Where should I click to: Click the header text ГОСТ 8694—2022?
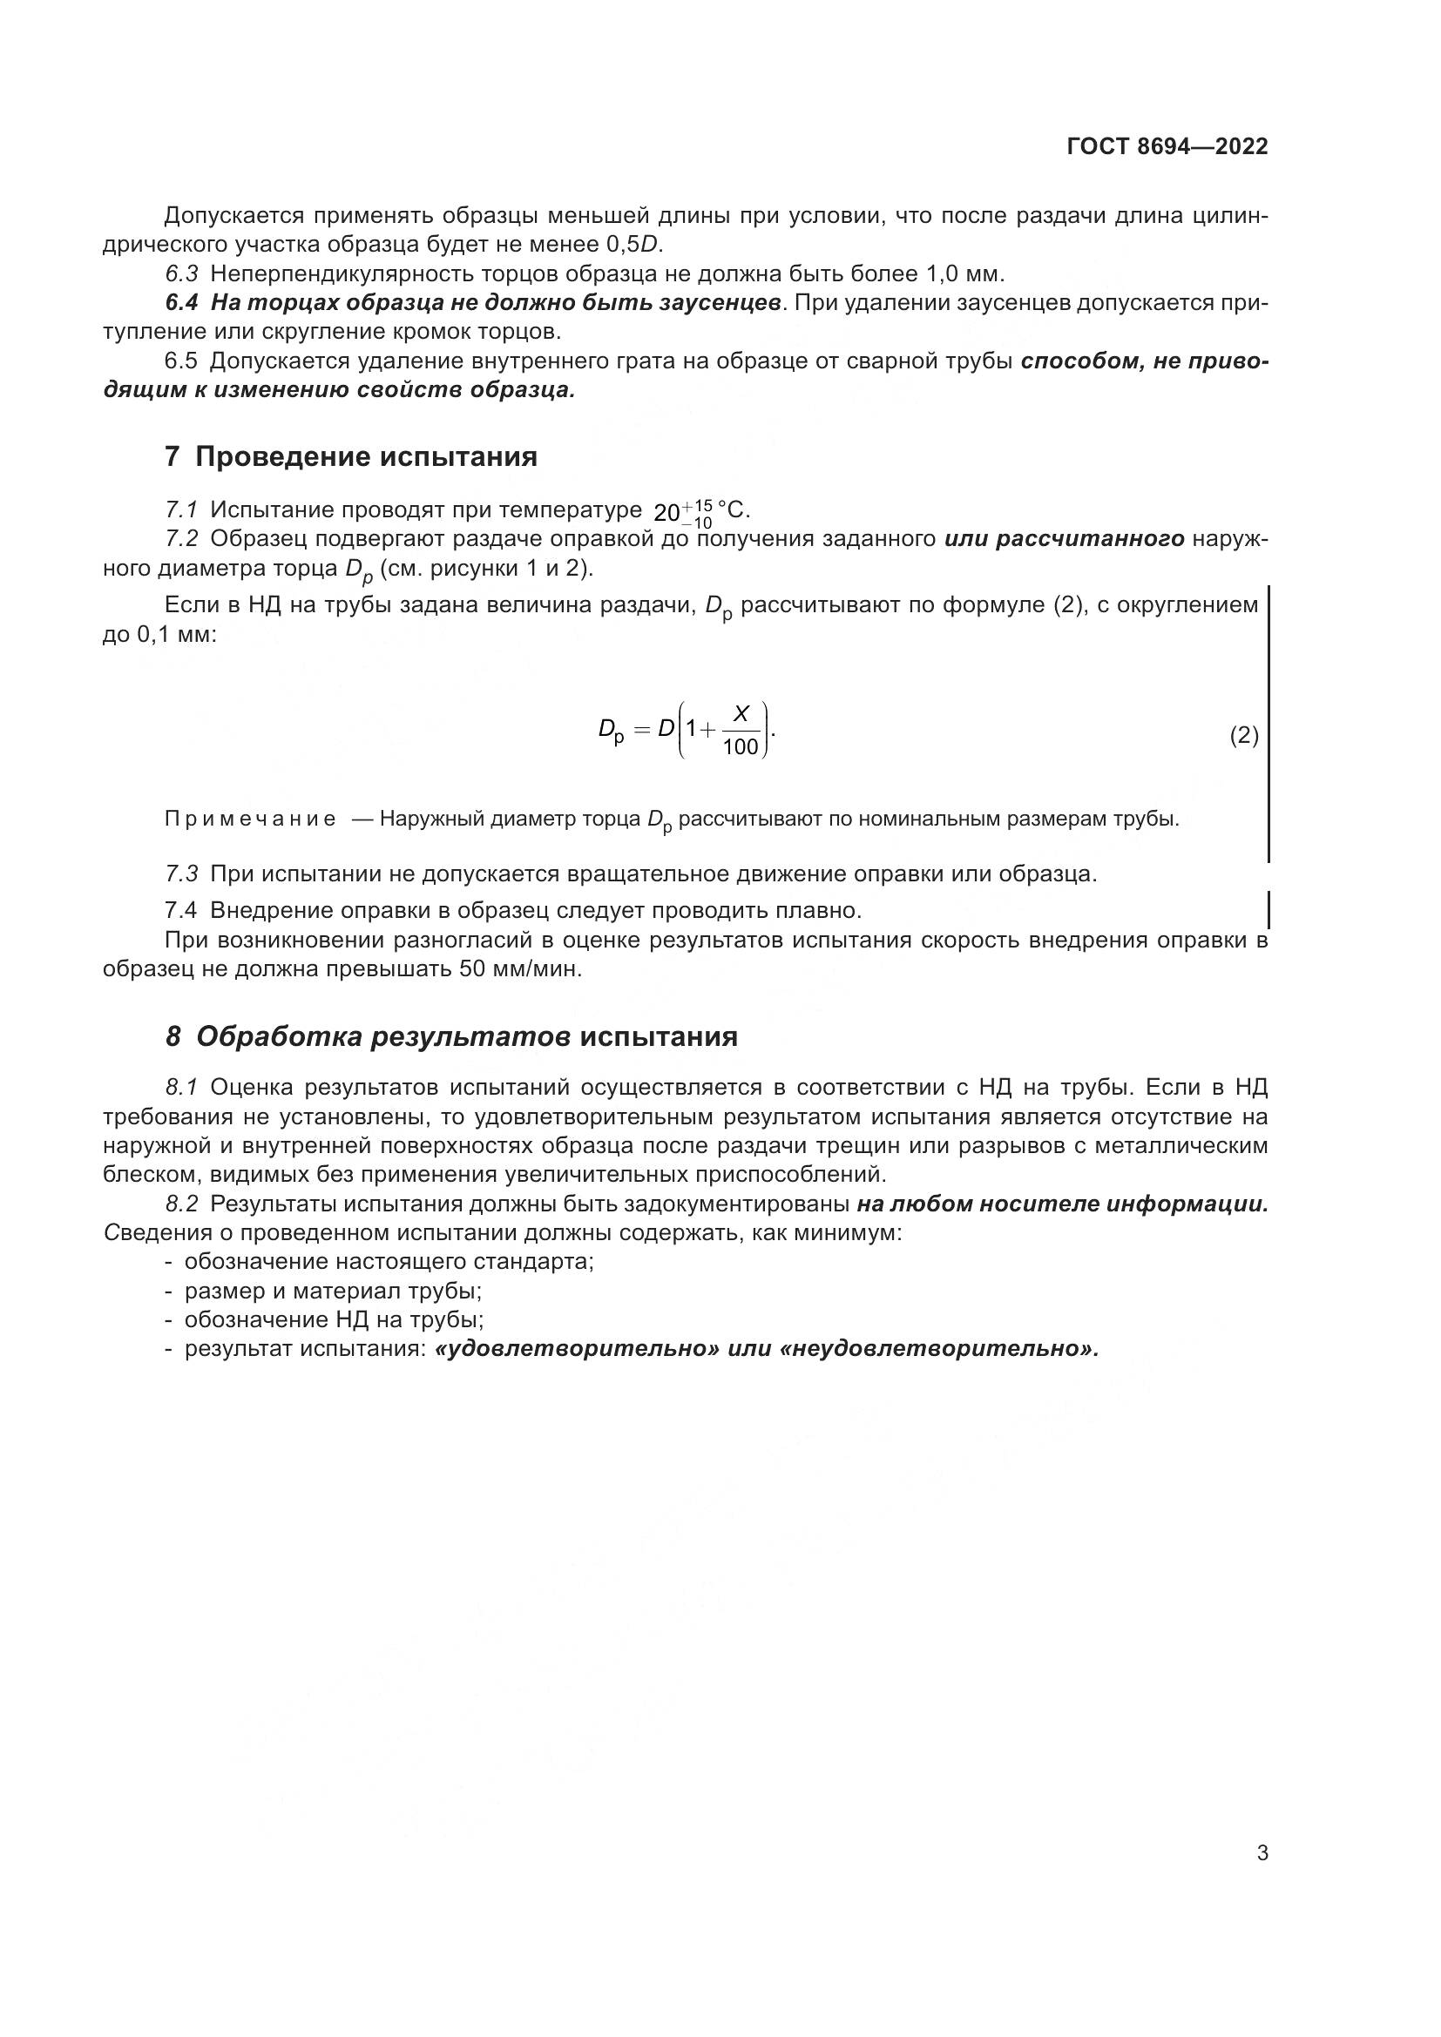coord(1167,147)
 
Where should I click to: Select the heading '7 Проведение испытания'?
coord(351,458)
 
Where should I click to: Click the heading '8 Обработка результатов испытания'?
coord(451,1036)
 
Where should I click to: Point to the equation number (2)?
coord(1244,736)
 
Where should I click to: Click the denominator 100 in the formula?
coord(741,748)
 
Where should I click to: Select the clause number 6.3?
coord(182,273)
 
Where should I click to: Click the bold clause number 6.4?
coord(182,302)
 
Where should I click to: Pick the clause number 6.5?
coord(182,361)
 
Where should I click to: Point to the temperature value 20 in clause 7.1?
coord(666,513)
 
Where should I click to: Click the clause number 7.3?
coord(182,873)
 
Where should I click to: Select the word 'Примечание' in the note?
coord(250,819)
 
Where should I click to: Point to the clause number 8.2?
coord(182,1204)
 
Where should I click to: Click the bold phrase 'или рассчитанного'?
coord(1065,538)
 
